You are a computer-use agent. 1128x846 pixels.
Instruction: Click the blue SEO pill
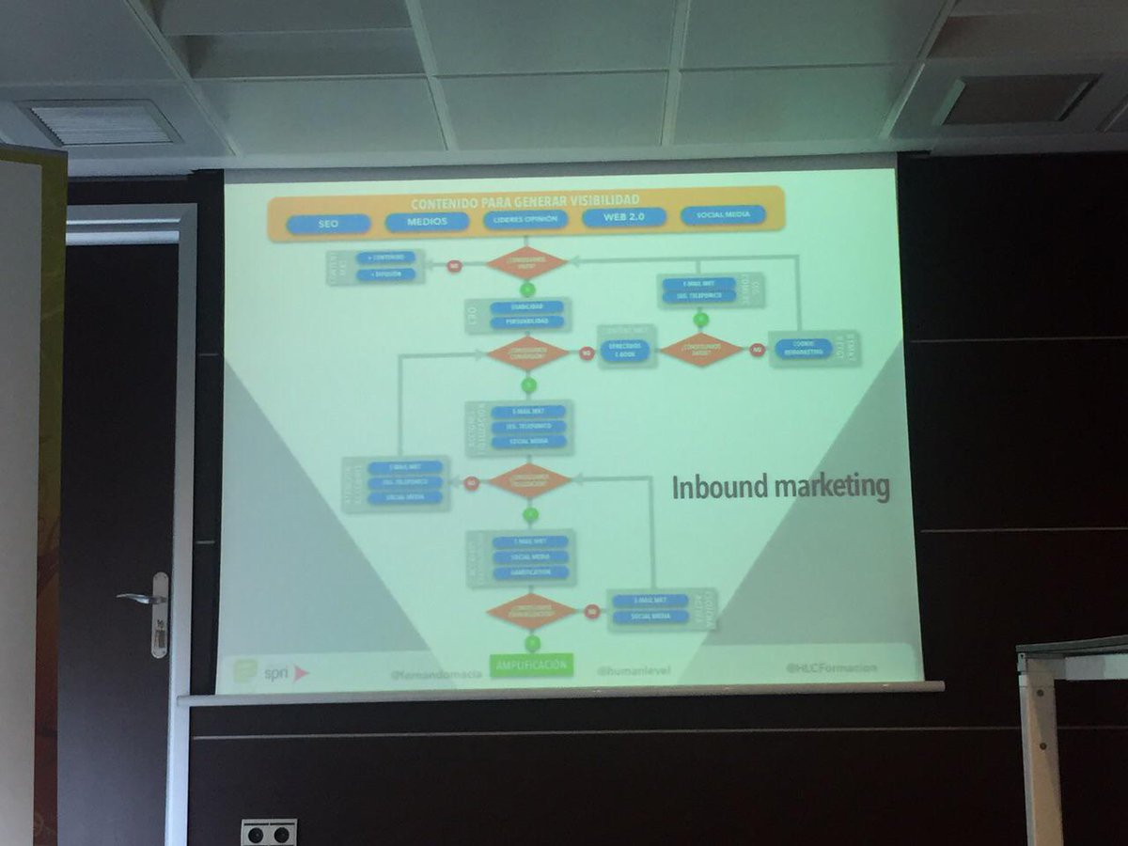(x=328, y=225)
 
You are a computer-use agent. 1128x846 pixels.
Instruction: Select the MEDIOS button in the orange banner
(x=427, y=222)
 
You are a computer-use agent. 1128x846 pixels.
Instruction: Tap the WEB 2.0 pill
(x=624, y=217)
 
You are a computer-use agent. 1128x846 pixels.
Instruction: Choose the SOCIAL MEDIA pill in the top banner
(x=723, y=215)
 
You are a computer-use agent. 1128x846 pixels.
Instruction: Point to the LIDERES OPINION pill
(x=525, y=220)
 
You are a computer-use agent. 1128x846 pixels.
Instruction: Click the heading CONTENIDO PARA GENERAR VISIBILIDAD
(x=525, y=200)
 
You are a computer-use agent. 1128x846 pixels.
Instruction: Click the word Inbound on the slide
(x=717, y=488)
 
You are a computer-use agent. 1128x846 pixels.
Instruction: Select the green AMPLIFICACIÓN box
(x=532, y=665)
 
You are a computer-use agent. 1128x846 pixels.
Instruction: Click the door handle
(x=146, y=598)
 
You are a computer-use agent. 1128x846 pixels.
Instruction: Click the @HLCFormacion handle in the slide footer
(x=831, y=667)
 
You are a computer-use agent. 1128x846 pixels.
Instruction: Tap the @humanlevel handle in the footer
(x=632, y=670)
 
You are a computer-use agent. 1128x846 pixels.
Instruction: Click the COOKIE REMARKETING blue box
(x=804, y=348)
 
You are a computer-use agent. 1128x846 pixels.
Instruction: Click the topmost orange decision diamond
(x=527, y=263)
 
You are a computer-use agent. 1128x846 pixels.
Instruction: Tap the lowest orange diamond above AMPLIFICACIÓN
(x=532, y=611)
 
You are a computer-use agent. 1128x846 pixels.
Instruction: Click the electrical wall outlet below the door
(x=269, y=832)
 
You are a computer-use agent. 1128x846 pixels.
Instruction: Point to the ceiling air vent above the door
(x=101, y=123)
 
